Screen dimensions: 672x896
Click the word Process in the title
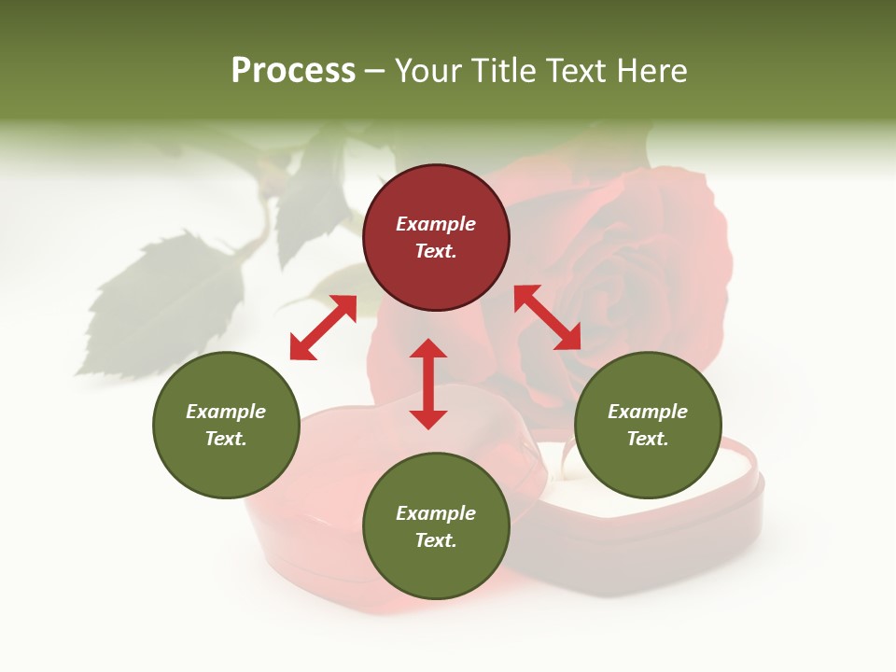293,71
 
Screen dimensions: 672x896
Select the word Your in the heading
429,71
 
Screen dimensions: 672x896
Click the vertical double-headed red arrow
428,384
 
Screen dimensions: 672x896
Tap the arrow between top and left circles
323,328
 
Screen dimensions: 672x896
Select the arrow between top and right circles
547,317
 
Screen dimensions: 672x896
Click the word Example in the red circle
436,224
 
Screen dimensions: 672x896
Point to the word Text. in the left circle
226,439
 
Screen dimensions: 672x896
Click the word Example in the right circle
648,412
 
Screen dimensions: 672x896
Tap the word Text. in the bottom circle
436,540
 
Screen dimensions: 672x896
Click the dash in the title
375,71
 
